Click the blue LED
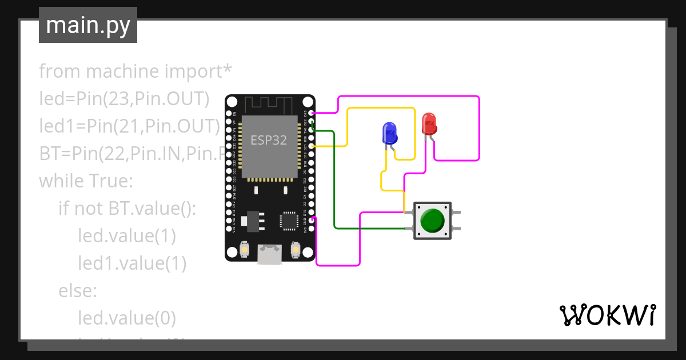(x=389, y=133)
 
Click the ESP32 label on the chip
(x=269, y=140)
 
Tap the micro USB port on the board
(x=269, y=254)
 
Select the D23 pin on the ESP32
(x=311, y=113)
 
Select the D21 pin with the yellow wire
(x=311, y=146)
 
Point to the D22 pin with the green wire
(x=311, y=122)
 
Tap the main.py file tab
(x=88, y=25)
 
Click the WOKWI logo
(x=607, y=315)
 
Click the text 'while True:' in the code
(x=86, y=181)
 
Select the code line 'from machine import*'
(x=135, y=71)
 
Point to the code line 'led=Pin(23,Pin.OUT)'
(x=124, y=99)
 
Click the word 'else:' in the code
(x=78, y=291)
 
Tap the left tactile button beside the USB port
(x=244, y=249)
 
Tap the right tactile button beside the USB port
(x=295, y=249)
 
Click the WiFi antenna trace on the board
(x=270, y=105)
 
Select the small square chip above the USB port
(x=288, y=221)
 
